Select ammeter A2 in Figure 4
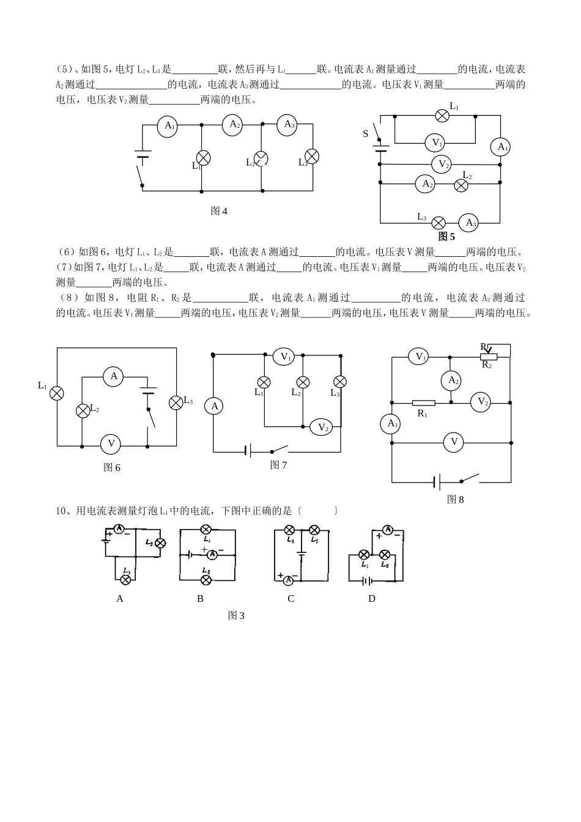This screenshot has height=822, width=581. pos(235,124)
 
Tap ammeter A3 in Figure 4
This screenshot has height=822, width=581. pos(287,125)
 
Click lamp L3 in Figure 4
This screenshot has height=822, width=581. pos(312,157)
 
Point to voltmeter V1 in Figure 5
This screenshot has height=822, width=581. pos(435,143)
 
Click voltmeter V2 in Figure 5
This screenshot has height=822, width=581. pos(442,165)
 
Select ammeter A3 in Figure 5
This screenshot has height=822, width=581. pos(469,223)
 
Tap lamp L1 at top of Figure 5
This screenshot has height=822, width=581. pos(442,116)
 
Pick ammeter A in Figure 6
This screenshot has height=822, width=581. pos(114,376)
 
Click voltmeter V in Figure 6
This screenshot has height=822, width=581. pos(111,445)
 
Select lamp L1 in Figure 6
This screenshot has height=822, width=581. pos(57,393)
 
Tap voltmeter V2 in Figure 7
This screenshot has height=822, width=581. pos(321,428)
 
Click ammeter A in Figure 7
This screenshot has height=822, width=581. pos(214,406)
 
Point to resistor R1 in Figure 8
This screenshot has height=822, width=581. pos(423,403)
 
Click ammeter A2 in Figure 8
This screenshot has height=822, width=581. pos(451,380)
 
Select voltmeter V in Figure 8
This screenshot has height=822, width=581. pos(453,442)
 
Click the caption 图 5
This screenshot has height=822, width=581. pos(446,237)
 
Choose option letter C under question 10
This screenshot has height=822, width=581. pos(291,599)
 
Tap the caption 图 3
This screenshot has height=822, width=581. pos(236,616)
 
